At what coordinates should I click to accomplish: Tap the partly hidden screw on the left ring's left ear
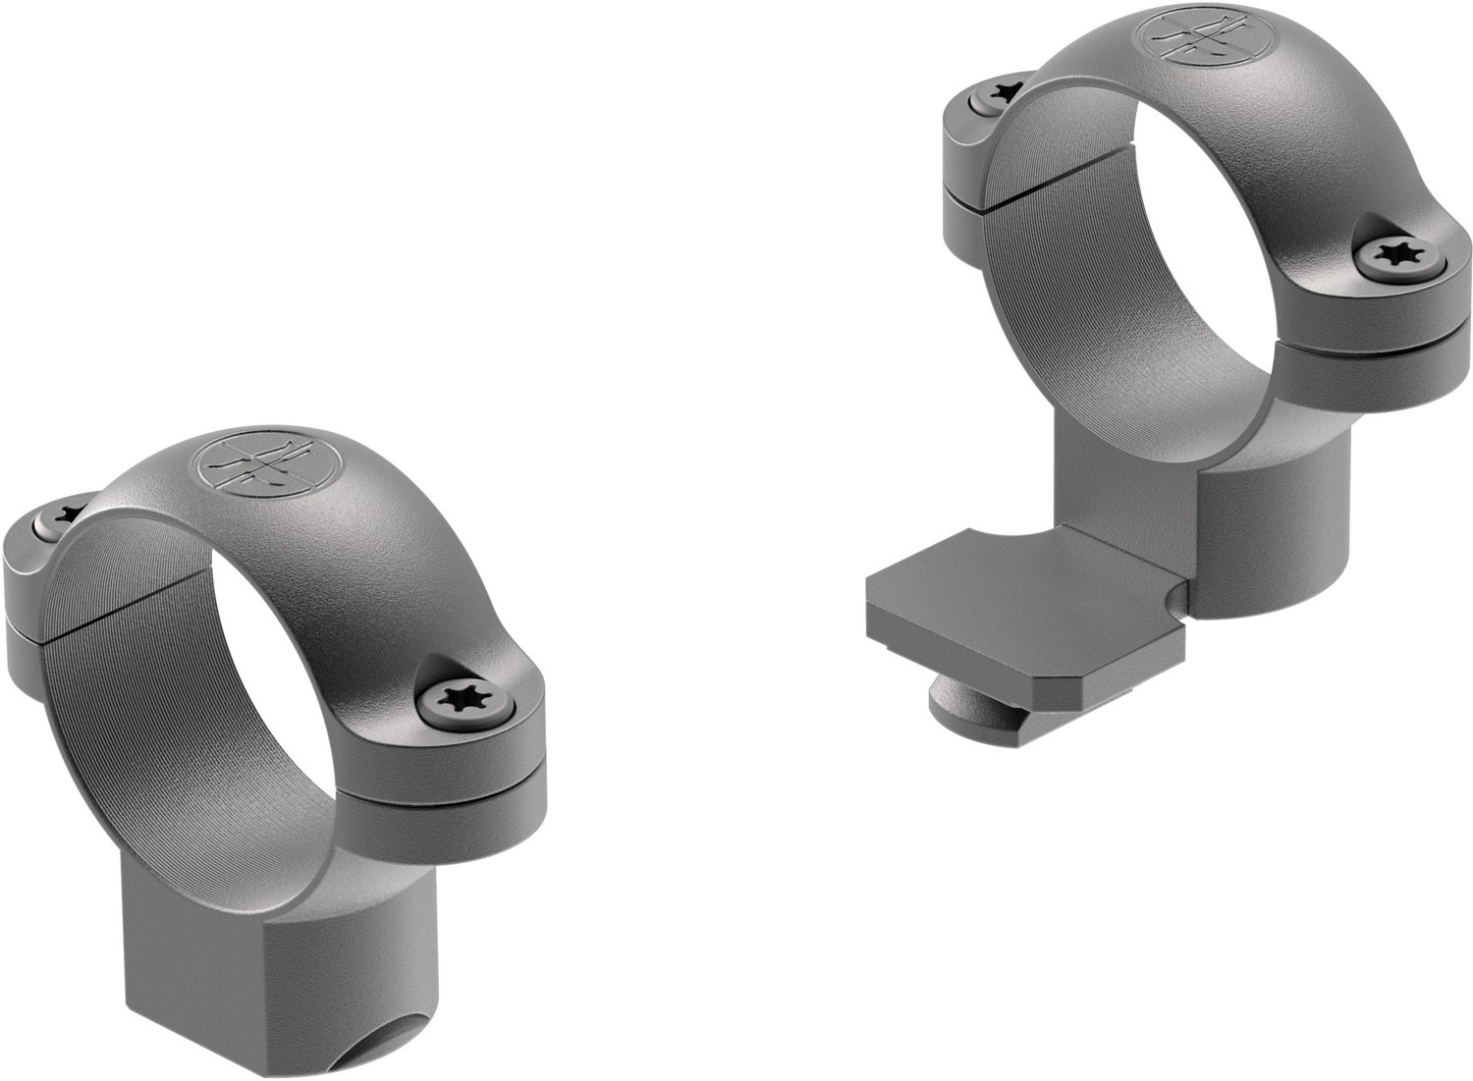point(65,518)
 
